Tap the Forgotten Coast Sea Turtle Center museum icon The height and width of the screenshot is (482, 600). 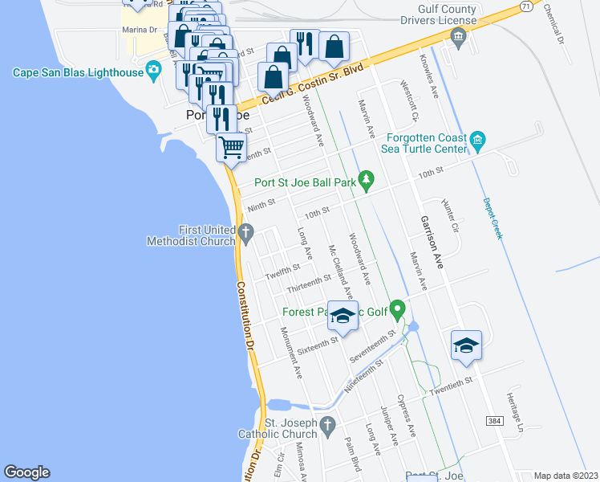click(478, 142)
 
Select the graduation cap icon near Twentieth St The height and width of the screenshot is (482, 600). click(466, 344)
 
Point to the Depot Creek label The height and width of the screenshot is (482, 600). click(492, 218)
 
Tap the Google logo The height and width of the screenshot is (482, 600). click(26, 472)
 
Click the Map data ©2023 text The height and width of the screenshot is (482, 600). click(566, 476)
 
